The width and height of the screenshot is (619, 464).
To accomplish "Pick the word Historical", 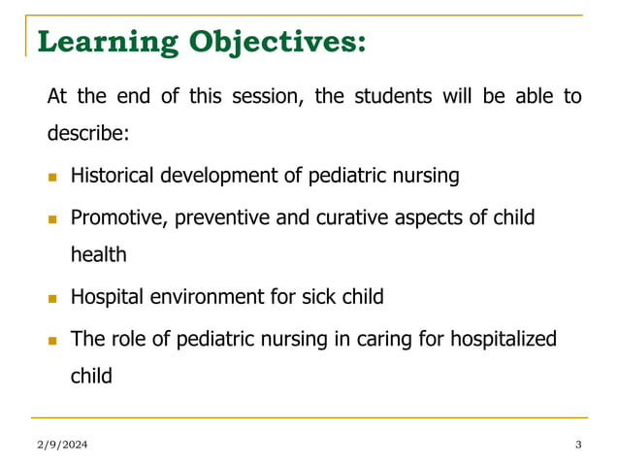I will [110, 176].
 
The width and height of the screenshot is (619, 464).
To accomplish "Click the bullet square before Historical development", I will [52, 178].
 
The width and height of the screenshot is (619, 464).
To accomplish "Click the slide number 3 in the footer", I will [578, 445].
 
